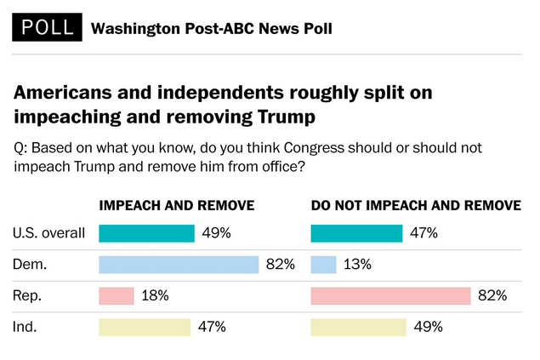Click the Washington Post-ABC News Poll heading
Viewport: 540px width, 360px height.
(211, 29)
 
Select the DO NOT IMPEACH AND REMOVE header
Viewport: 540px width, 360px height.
(416, 206)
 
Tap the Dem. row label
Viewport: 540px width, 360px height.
(31, 265)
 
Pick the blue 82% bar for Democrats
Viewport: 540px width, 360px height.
(178, 265)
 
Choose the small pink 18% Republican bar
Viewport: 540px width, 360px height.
(117, 296)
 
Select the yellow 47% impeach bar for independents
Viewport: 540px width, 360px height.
(145, 328)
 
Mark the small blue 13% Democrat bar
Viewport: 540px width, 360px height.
(324, 265)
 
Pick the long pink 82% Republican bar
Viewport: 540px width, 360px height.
(390, 296)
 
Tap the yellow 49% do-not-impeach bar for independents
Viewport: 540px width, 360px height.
(359, 328)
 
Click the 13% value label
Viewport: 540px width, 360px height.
(357, 265)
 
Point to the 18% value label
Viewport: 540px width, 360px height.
(156, 296)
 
